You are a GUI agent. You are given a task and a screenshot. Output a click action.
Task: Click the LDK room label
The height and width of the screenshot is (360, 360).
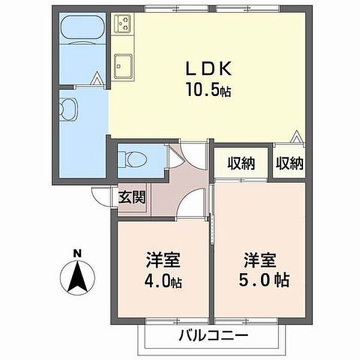coord(209,68)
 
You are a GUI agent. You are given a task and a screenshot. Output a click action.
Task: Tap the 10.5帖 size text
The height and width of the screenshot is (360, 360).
coord(209,89)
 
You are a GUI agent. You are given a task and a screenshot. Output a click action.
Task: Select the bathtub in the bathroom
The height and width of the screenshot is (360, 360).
coord(82,27)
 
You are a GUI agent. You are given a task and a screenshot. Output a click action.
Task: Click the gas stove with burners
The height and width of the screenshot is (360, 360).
coord(122,23)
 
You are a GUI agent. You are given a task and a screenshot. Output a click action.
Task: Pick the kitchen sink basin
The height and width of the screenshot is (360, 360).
coord(123,66)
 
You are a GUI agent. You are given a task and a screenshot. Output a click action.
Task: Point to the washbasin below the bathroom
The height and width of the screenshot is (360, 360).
coord(68,109)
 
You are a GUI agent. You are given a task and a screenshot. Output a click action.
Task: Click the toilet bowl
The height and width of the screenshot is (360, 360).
coord(135,160)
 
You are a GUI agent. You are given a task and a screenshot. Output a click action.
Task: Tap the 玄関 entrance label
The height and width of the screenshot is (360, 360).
coord(132,197)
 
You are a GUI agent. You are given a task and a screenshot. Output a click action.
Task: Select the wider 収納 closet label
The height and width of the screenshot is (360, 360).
coord(241,163)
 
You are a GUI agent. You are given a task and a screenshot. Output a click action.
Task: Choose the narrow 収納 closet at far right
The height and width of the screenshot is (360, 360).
coord(290,163)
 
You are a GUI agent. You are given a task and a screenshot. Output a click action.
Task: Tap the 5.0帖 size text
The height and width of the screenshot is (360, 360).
coord(264,280)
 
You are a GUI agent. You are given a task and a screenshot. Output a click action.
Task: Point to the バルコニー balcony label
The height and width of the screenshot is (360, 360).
coord(214,336)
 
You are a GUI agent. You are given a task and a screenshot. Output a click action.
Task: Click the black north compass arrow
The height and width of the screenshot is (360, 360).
coord(77,278)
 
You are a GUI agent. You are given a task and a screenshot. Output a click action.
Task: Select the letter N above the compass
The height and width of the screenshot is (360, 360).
coord(77,254)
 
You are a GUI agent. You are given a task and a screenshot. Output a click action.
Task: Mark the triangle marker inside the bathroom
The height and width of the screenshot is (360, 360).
coord(96,78)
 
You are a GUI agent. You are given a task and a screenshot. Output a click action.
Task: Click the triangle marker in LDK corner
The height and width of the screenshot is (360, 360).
coord(296,137)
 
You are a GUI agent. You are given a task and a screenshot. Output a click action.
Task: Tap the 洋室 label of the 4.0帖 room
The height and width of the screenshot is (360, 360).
coord(163,260)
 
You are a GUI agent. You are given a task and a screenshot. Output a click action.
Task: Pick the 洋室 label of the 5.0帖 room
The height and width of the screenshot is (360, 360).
coord(260,260)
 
